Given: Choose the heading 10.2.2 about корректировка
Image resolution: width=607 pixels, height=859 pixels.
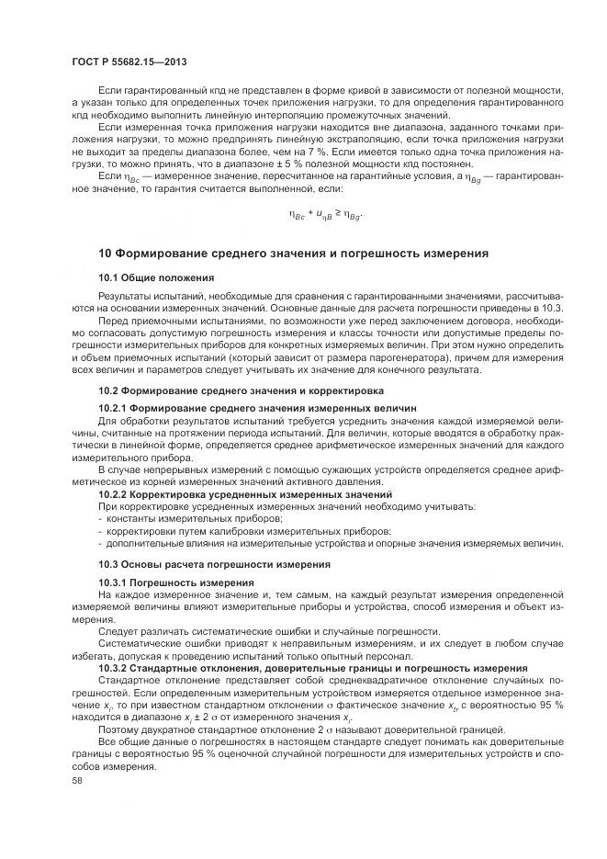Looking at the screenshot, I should [x=245, y=494].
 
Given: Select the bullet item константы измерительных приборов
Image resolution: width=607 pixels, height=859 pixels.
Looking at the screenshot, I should [x=161, y=519].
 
